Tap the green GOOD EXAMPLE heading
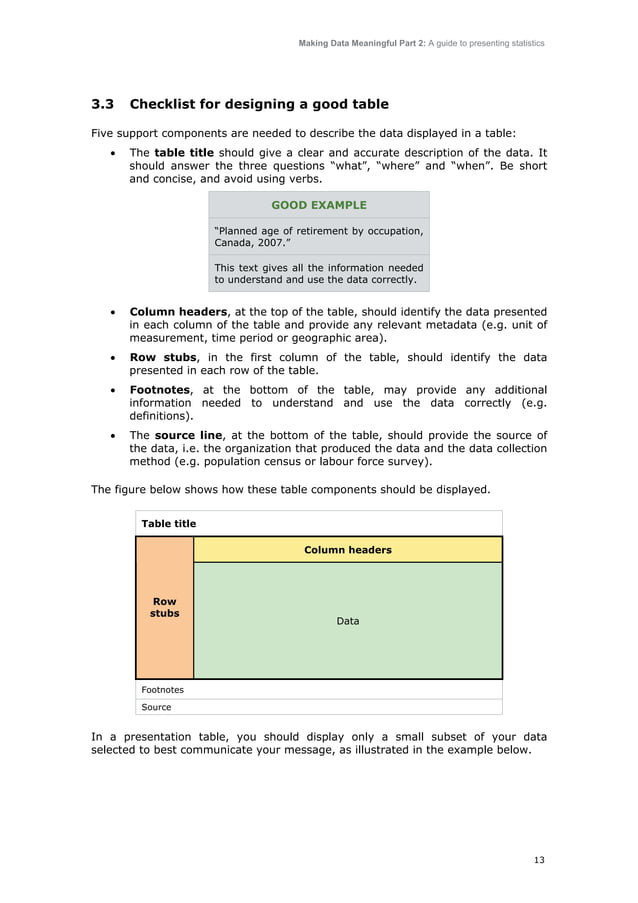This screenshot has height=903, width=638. [x=318, y=205]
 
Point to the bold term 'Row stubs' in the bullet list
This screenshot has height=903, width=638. [x=163, y=358]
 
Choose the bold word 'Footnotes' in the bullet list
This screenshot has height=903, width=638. [x=160, y=389]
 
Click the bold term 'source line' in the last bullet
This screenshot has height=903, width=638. [x=189, y=435]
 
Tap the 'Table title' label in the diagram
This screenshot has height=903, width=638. [x=169, y=523]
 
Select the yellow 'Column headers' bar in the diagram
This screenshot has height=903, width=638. [x=347, y=550]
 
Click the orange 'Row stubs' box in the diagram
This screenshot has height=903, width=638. [x=164, y=608]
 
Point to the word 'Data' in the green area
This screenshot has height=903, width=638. [x=347, y=621]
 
